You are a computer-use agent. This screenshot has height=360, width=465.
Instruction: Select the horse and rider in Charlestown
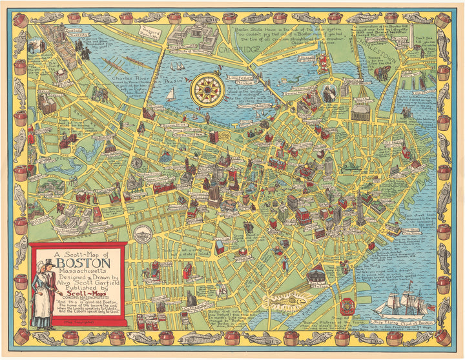[382, 73]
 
